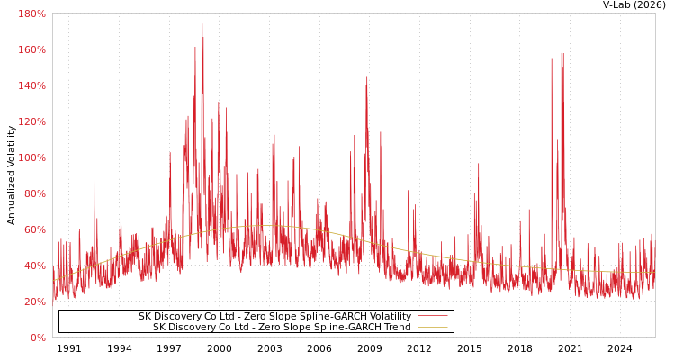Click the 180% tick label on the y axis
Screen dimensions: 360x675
coord(31,13)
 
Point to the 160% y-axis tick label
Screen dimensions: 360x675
coord(31,49)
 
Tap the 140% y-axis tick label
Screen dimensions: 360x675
coord(31,85)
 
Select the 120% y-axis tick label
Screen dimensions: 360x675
coord(31,121)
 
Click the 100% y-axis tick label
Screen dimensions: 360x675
coord(31,157)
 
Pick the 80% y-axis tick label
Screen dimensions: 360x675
coord(34,193)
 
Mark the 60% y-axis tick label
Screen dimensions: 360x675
coord(34,229)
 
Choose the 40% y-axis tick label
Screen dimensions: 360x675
coord(34,265)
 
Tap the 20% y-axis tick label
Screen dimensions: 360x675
coord(34,301)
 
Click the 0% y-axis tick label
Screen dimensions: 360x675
coord(38,337)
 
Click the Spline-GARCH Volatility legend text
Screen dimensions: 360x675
coord(274,317)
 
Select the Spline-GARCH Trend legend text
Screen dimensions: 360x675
coord(282,328)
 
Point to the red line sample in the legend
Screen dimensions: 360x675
coord(432,317)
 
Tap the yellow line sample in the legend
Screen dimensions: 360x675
coord(432,328)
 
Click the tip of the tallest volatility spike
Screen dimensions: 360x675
coord(202,24)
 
